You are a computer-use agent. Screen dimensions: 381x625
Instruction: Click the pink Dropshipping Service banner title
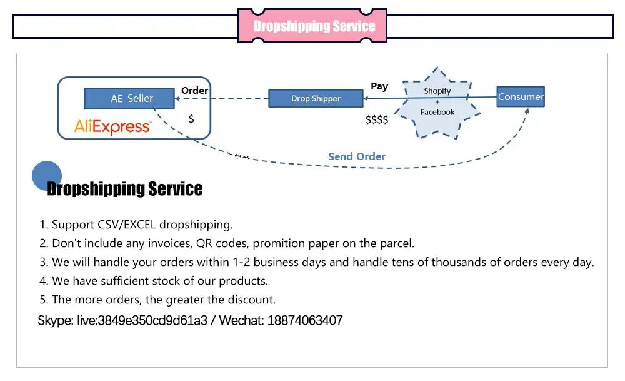[x=314, y=26]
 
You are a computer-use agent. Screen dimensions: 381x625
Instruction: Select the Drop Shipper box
[x=316, y=98]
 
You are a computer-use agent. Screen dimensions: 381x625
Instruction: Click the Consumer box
[x=521, y=96]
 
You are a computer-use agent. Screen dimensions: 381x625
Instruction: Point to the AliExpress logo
[x=112, y=127]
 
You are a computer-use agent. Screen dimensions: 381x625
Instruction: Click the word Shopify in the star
[x=437, y=91]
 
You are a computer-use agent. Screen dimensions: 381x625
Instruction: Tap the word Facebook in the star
[x=437, y=112]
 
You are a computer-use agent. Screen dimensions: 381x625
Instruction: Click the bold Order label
[x=194, y=90]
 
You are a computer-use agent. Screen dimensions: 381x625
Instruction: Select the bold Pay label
[x=379, y=86]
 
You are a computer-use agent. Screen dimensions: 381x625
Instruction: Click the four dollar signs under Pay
[x=377, y=119]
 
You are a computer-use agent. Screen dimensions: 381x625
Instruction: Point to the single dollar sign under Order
[x=191, y=118]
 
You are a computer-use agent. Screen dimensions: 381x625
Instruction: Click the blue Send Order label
[x=357, y=156]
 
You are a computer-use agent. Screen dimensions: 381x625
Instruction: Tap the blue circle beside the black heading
[x=47, y=176]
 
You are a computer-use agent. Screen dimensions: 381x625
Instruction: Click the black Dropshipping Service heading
[x=125, y=188]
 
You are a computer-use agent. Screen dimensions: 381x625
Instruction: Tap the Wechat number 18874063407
[x=305, y=320]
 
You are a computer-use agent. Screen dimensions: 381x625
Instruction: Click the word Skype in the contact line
[x=55, y=320]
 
